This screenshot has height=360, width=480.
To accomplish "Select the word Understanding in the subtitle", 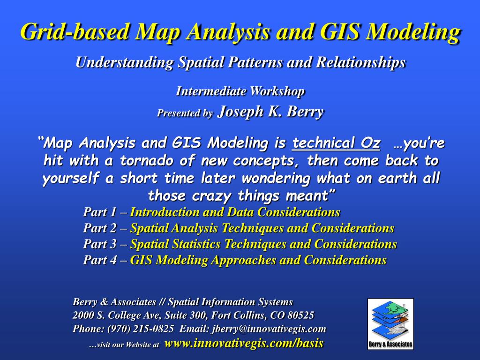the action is coord(124,63).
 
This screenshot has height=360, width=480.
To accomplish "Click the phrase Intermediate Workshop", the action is coord(240,91).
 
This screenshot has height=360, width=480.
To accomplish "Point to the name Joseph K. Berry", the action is coord(270,112).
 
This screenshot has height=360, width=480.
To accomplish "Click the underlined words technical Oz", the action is coord(336,143).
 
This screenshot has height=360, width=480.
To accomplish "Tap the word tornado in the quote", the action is coord(146,161).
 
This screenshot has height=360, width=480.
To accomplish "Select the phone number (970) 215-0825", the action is coord(141,329).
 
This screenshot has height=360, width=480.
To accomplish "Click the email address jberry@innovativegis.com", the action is coord(268,329).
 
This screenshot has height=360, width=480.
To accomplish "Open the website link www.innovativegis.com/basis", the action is coord(244,343).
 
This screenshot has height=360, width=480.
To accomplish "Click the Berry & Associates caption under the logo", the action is coord(390,344).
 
